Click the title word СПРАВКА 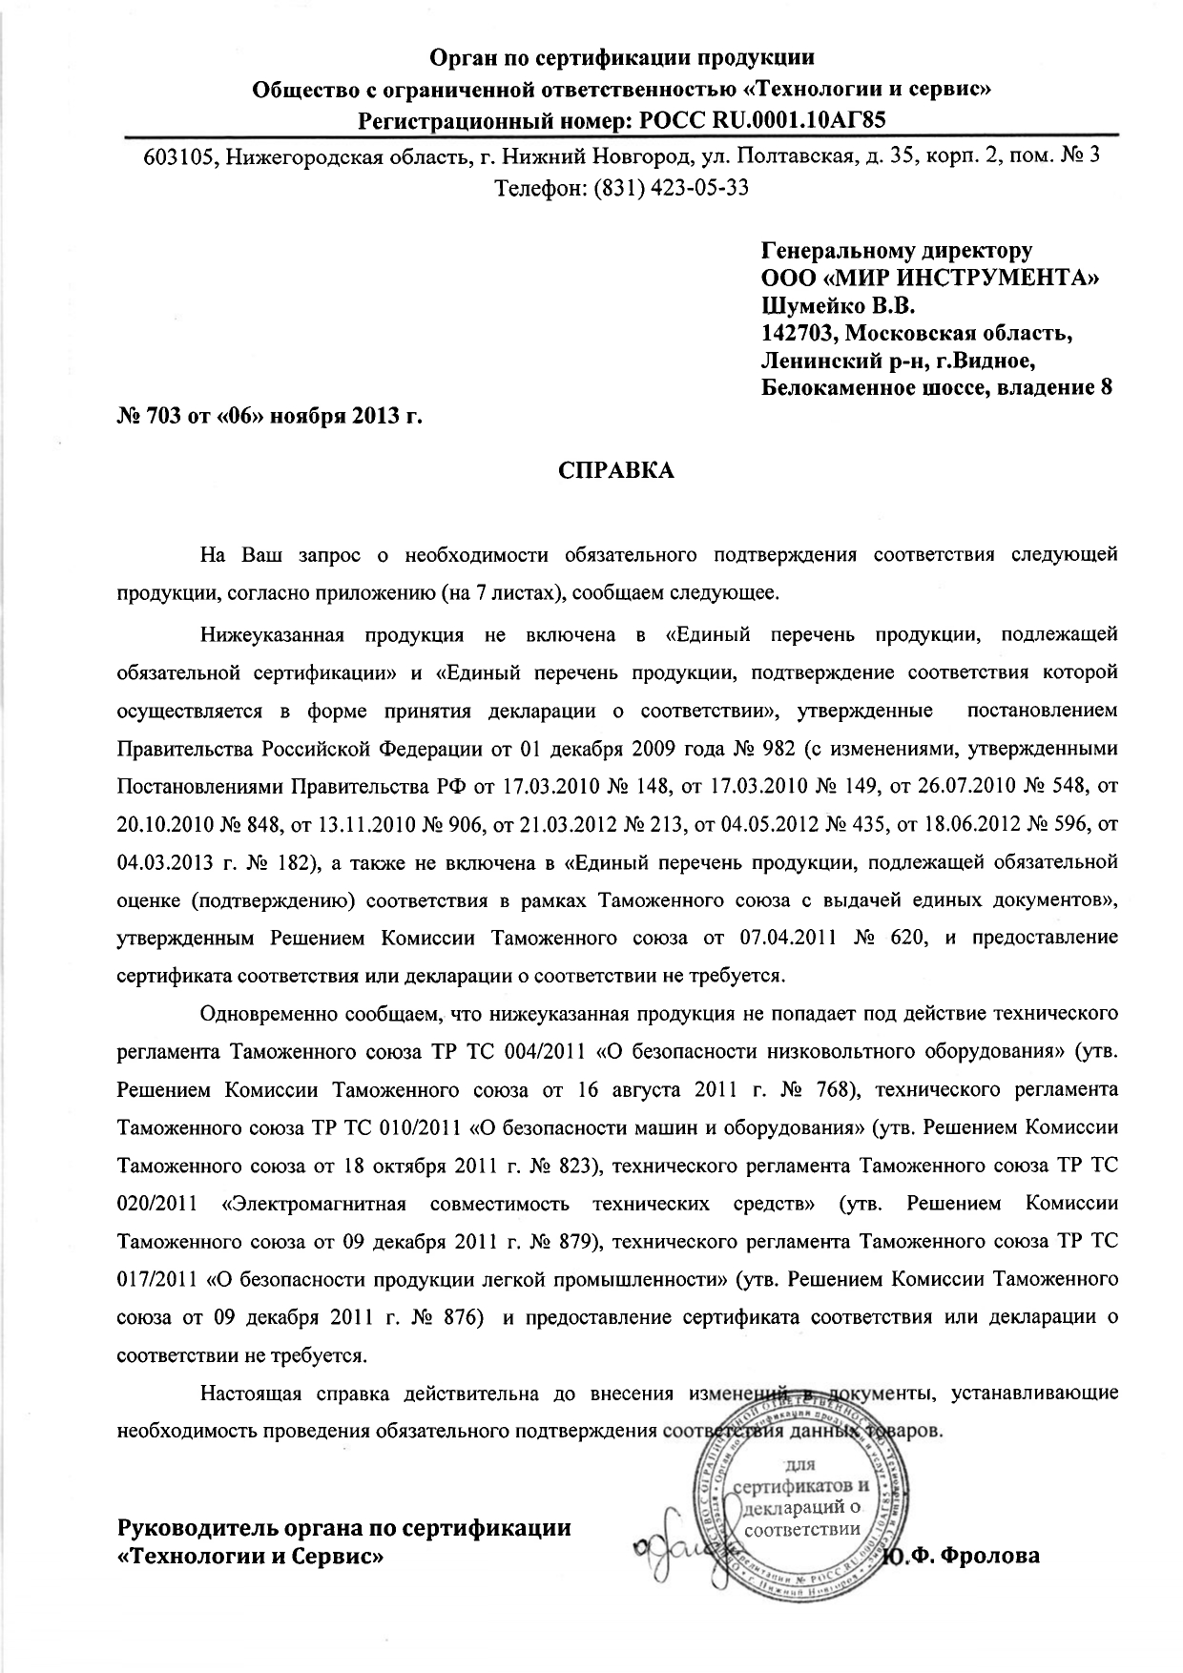(x=615, y=470)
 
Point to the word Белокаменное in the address (x=840, y=388)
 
